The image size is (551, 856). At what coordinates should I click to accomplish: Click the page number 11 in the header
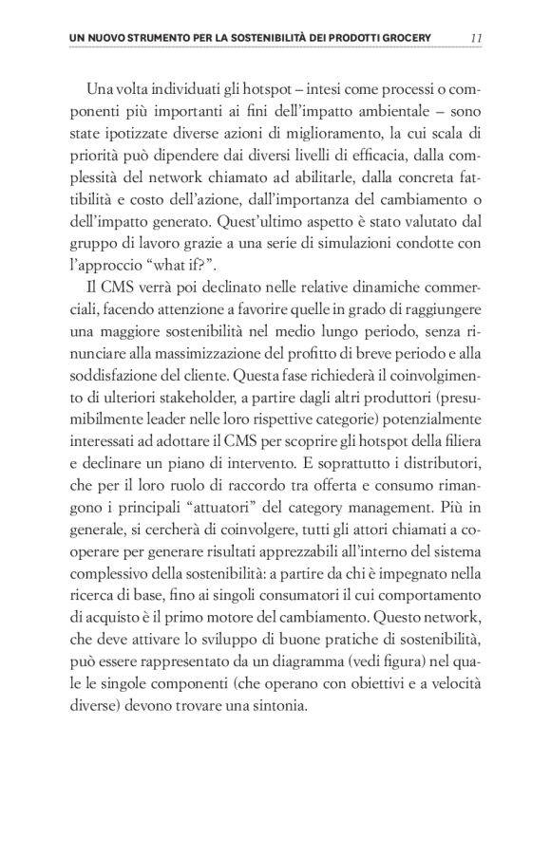click(477, 37)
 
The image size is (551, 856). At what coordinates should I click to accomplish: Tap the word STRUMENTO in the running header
click(148, 38)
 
